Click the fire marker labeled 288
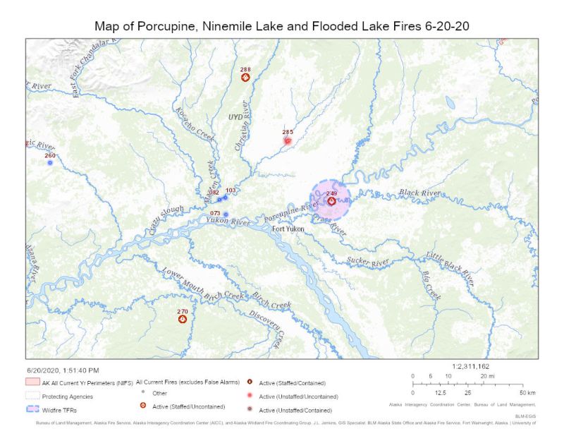coord(245,78)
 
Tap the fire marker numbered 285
coord(288,140)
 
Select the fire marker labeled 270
coord(183,319)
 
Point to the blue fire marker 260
coord(50,163)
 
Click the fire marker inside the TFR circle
coord(331,201)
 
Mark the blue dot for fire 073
coord(226,214)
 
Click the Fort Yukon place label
coord(288,229)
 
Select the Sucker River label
coord(368,262)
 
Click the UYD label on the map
coord(235,116)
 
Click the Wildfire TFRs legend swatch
coord(32,408)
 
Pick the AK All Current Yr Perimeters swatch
coord(32,381)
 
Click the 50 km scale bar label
coord(526,392)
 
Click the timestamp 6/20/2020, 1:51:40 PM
coord(63,370)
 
